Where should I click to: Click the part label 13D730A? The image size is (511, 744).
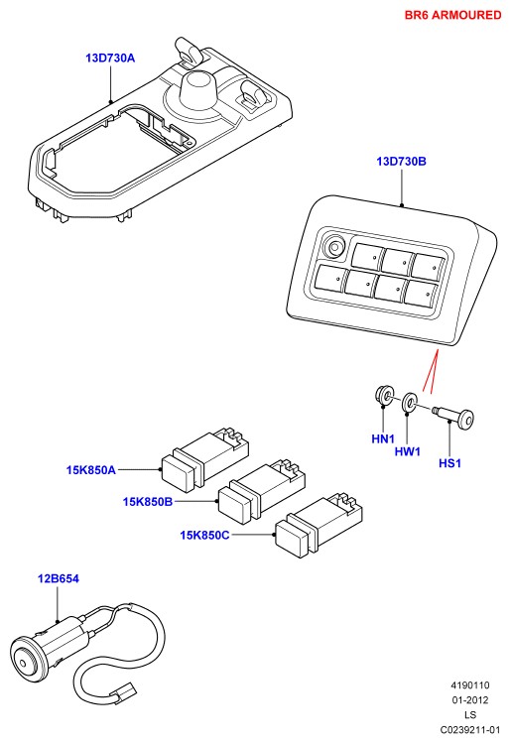pyautogui.click(x=110, y=58)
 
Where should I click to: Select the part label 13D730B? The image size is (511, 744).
pyautogui.click(x=402, y=162)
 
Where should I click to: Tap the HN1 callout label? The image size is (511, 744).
pyautogui.click(x=383, y=438)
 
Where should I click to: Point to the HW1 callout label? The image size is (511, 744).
pyautogui.click(x=408, y=451)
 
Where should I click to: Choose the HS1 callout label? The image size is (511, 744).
pyautogui.click(x=449, y=462)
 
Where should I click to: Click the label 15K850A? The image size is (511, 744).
pyautogui.click(x=90, y=470)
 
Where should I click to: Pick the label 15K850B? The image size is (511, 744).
pyautogui.click(x=148, y=502)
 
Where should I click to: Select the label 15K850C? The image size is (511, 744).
pyautogui.click(x=204, y=536)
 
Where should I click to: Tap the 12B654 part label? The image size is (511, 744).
pyautogui.click(x=59, y=579)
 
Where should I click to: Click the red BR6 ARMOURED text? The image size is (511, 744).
pyautogui.click(x=452, y=15)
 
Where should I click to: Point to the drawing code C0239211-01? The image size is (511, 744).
pyautogui.click(x=469, y=729)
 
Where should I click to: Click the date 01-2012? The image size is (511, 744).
pyautogui.click(x=469, y=700)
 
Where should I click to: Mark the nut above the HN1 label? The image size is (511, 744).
pyautogui.click(x=383, y=396)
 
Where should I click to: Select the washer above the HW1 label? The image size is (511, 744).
pyautogui.click(x=410, y=403)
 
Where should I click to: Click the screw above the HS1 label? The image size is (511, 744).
pyautogui.click(x=454, y=416)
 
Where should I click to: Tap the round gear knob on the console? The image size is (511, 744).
pyautogui.click(x=197, y=88)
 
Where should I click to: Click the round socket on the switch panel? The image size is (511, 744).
pyautogui.click(x=335, y=248)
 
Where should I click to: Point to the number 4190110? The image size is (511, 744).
pyautogui.click(x=469, y=685)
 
